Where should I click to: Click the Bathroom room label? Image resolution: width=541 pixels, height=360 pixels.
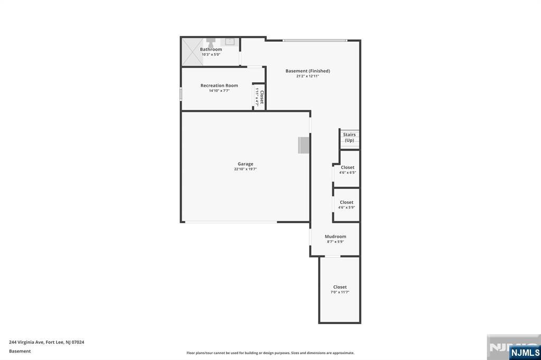pos(211,49)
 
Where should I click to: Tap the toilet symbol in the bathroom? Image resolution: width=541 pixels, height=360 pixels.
pos(211,42)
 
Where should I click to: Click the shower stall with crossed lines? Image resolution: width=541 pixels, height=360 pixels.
pos(192,52)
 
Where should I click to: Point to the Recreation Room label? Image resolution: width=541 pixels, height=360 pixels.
pos(219,86)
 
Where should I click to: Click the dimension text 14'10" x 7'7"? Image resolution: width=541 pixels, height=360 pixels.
pos(219,91)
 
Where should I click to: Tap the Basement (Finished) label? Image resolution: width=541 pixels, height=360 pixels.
pos(308,71)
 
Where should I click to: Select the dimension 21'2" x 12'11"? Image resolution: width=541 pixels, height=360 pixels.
pos(307,76)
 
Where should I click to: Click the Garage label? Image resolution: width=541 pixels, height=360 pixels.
pos(245,164)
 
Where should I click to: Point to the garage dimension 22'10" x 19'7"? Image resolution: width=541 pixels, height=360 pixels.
pos(245,169)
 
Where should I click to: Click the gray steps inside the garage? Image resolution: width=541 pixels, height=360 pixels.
pos(304,145)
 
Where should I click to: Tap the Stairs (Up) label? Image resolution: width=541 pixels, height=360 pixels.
pos(349,137)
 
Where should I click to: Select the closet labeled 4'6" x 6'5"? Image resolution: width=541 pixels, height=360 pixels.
pos(347,169)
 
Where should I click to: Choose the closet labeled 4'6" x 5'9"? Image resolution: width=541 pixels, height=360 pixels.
pos(347,205)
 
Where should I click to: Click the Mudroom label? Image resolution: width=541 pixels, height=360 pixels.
pos(335,236)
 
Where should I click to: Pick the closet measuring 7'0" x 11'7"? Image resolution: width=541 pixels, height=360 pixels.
pos(340,290)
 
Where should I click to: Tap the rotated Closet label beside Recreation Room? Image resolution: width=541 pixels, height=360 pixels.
pos(262,97)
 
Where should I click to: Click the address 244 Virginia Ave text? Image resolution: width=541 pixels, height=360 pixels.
pos(46,342)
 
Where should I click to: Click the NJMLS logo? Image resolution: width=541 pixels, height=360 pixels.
pos(525,352)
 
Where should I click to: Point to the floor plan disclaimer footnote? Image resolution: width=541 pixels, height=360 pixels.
pos(270,353)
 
